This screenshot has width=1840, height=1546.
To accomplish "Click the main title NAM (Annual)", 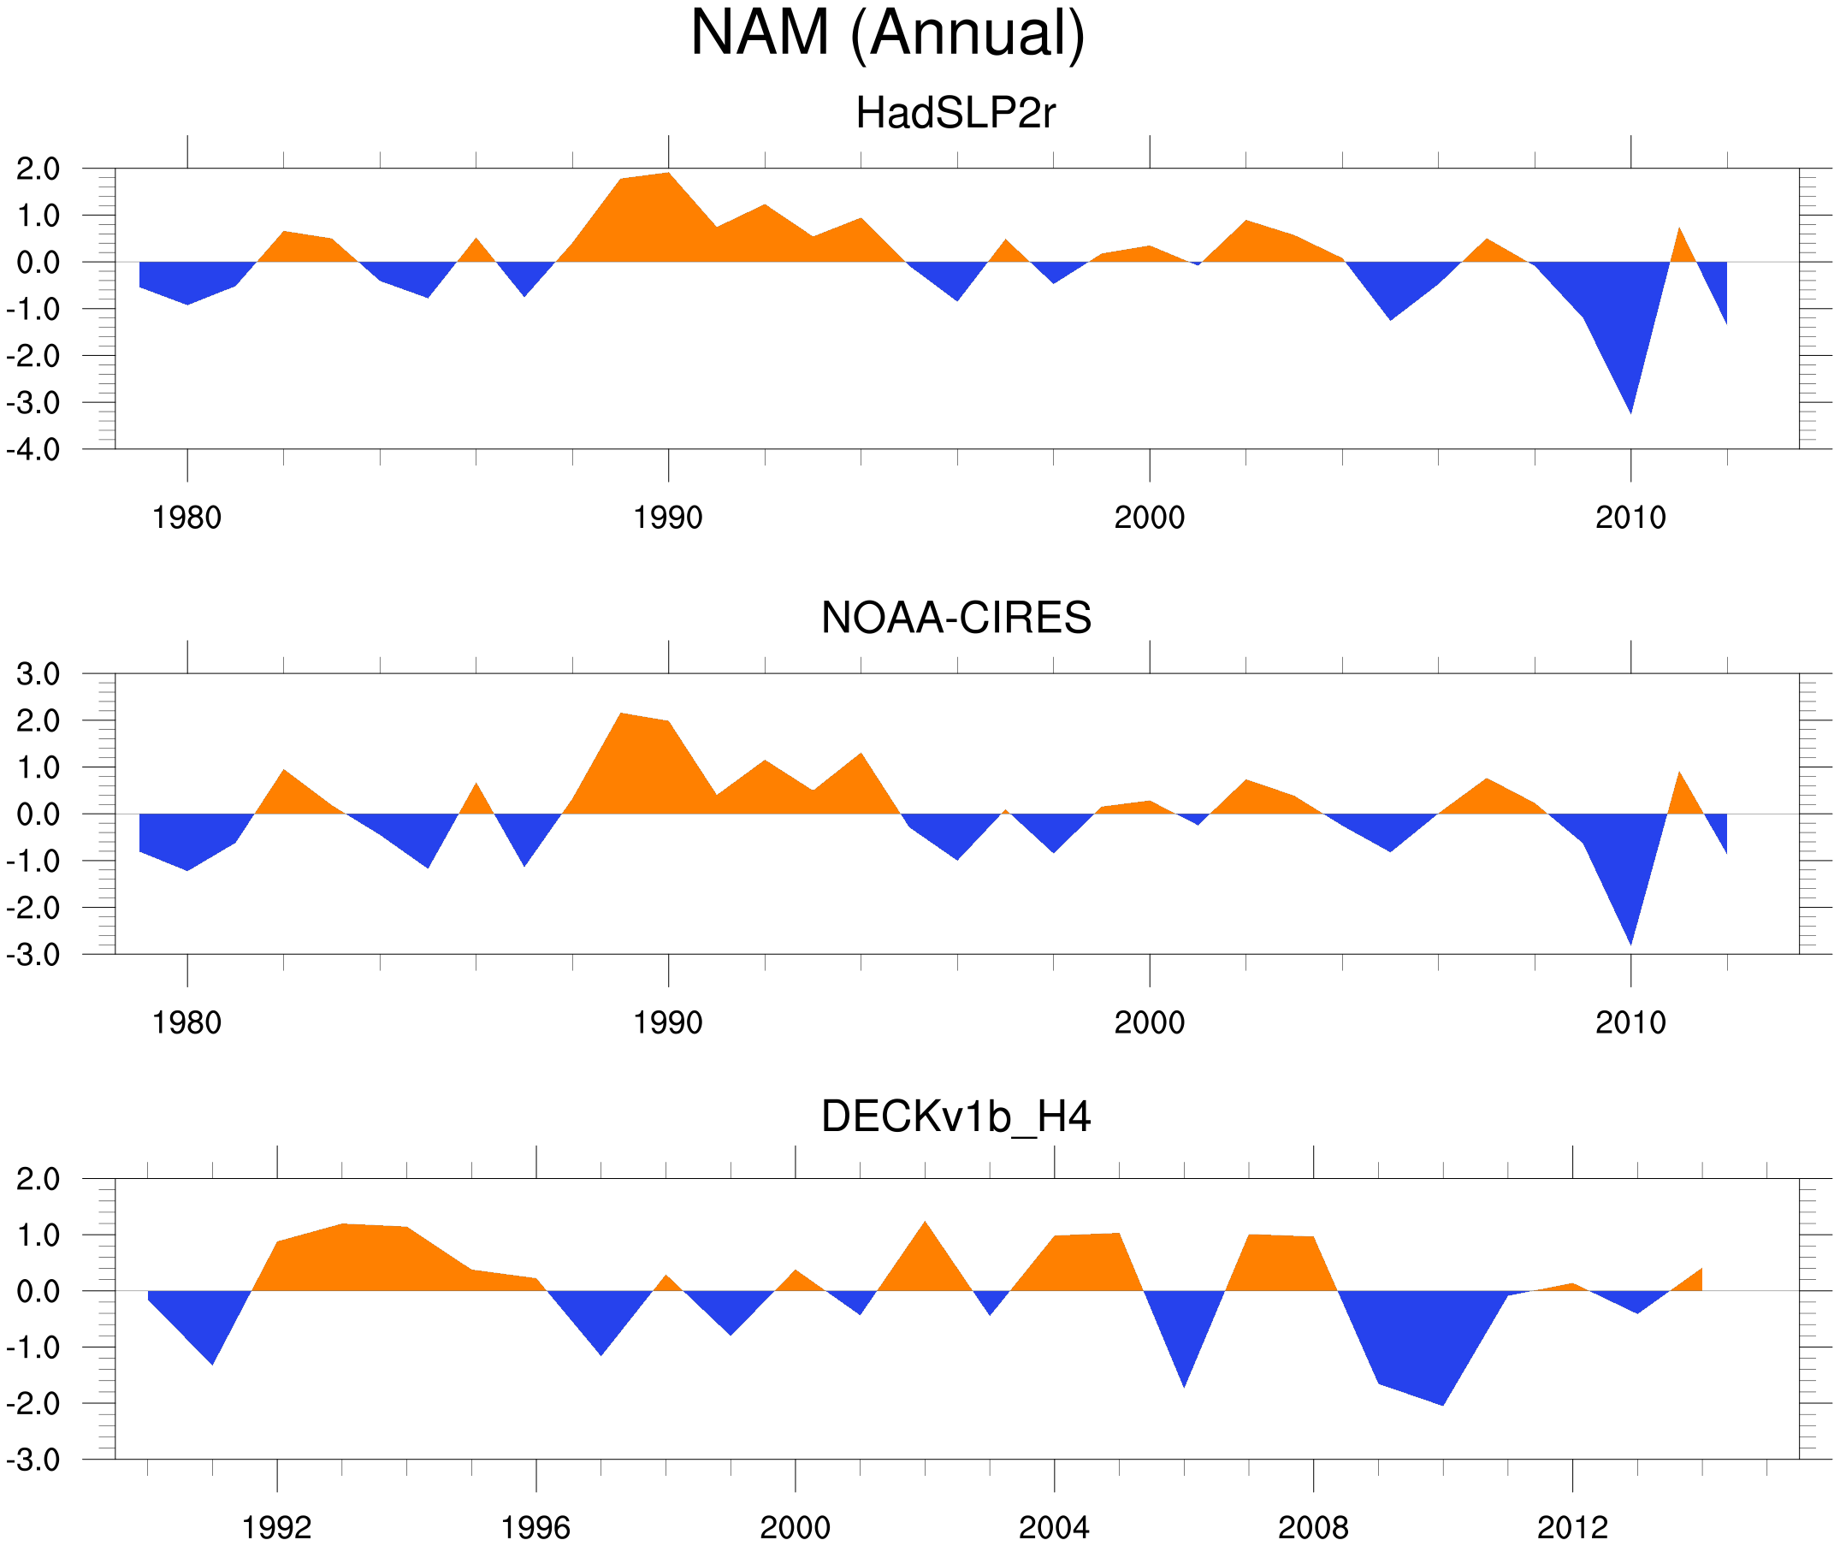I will click(887, 33).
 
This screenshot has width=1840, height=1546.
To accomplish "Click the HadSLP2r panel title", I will click(955, 113).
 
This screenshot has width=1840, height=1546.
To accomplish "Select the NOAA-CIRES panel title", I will click(955, 618).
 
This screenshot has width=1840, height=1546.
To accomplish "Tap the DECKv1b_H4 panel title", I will click(955, 1117).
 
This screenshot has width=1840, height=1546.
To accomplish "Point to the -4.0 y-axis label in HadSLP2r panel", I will click(33, 451).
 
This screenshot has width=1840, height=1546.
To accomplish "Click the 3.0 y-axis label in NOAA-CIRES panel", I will click(38, 675).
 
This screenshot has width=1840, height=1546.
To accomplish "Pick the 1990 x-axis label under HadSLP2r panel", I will click(668, 518).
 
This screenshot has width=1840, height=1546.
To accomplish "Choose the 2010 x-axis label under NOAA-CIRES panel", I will click(1630, 1022).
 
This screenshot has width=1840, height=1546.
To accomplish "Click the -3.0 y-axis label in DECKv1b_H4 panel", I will click(33, 1460).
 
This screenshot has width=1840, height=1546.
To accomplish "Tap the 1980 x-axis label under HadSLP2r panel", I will click(186, 518).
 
